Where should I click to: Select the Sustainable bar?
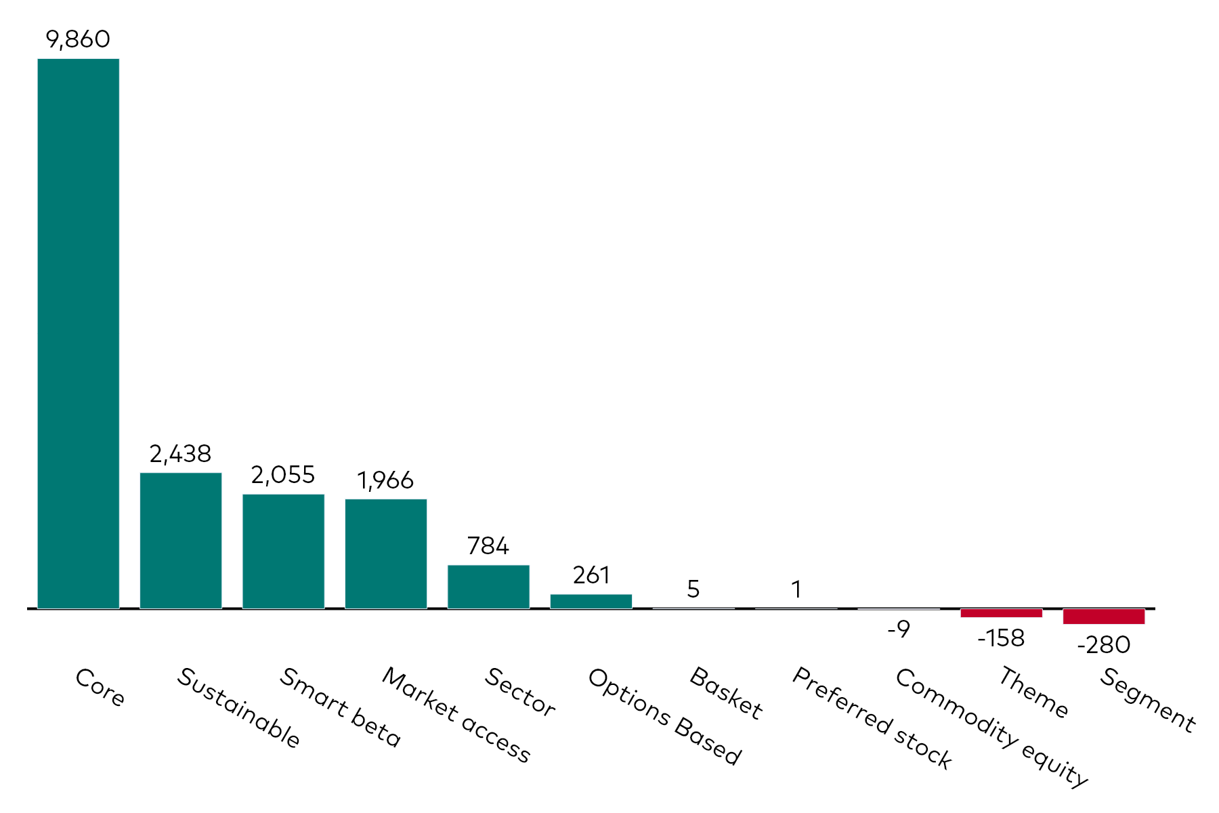tap(181, 540)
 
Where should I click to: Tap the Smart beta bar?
tap(283, 551)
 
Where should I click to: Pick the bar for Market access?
tap(386, 554)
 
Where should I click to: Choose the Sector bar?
tap(488, 587)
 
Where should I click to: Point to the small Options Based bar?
tap(591, 602)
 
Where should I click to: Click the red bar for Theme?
tap(1001, 613)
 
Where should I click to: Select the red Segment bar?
tap(1104, 617)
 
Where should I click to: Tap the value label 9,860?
tap(78, 39)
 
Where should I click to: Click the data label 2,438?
tap(181, 454)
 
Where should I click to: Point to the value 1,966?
tap(385, 480)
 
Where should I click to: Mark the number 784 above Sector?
tap(488, 546)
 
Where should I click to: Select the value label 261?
tap(591, 575)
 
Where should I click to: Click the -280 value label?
tap(1104, 645)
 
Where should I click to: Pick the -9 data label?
tap(899, 629)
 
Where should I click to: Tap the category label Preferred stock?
tap(872, 718)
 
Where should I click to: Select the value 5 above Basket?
tap(693, 589)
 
